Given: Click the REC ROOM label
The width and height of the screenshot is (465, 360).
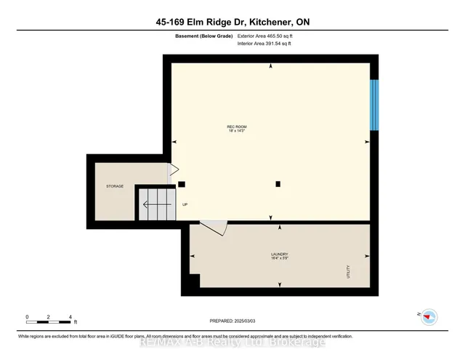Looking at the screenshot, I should click(x=234, y=128).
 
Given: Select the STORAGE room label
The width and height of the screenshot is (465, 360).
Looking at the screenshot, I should click(x=114, y=186).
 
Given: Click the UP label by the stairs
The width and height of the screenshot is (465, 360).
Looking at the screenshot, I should click(x=185, y=204).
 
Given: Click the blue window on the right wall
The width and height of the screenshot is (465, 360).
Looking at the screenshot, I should click(x=374, y=105).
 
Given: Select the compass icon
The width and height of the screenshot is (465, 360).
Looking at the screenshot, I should click(x=429, y=316).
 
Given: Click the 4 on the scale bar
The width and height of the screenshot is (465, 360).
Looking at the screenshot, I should click(x=70, y=316).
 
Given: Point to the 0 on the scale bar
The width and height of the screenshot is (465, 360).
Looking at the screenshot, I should click(x=27, y=316).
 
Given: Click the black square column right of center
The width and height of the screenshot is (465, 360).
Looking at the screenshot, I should click(x=278, y=184).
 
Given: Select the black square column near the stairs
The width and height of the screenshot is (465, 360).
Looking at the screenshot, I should click(x=182, y=184).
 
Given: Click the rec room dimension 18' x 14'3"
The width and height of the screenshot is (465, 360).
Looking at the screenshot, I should click(x=234, y=132).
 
